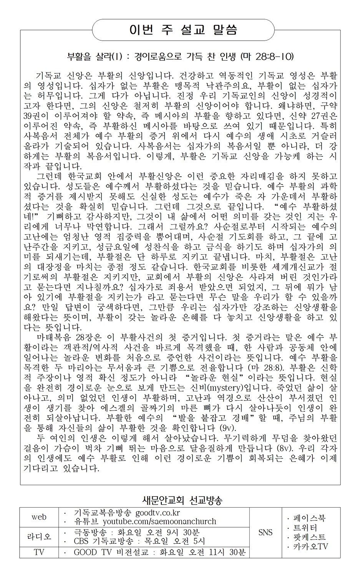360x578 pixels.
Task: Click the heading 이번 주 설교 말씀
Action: [183, 30]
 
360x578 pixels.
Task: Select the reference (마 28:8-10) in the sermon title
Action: [267, 57]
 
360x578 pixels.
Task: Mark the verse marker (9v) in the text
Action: [227, 428]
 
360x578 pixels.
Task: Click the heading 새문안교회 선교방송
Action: [182, 500]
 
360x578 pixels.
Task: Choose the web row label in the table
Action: [39, 517]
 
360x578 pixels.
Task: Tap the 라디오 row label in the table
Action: [39, 537]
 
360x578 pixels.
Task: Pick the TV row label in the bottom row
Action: [39, 552]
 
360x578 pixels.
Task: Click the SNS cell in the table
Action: [265, 532]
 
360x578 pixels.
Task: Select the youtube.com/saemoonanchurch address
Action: [159, 522]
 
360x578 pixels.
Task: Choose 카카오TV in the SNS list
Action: [310, 546]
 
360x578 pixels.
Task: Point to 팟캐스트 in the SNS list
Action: [309, 537]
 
